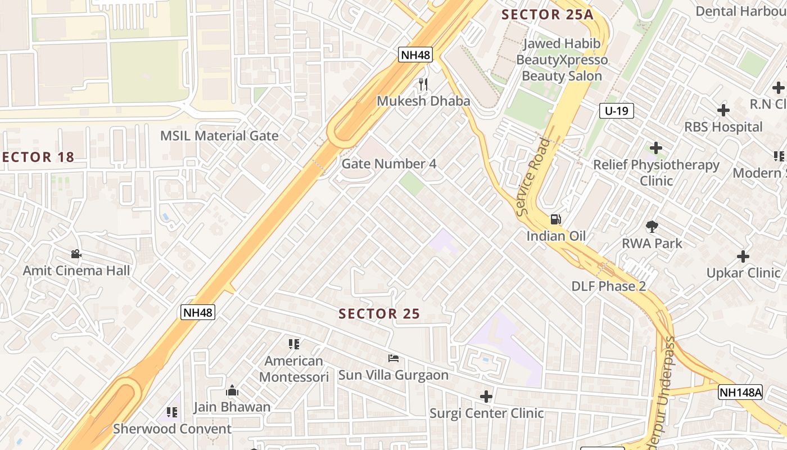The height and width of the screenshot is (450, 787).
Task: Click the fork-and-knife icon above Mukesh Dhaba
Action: [x=423, y=84]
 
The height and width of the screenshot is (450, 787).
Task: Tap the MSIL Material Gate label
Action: [x=219, y=136]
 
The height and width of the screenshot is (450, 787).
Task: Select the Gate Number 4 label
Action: [x=389, y=164]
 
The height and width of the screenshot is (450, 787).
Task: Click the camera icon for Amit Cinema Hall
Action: [x=76, y=254]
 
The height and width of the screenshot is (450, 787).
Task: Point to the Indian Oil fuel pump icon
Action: [x=555, y=219]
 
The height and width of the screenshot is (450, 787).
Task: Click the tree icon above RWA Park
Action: [x=652, y=227]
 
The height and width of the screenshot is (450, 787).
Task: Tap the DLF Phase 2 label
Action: [x=608, y=286]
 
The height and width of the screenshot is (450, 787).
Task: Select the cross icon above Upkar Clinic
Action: [x=743, y=256]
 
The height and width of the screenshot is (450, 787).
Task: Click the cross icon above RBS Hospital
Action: [x=723, y=110]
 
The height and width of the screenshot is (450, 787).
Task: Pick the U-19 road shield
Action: [x=617, y=111]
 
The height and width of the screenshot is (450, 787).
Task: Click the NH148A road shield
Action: [x=740, y=392]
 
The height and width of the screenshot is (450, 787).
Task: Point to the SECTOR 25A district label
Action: [x=547, y=15]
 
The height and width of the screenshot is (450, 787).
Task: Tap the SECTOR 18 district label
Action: [x=37, y=157]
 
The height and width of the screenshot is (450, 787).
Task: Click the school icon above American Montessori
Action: [x=294, y=344]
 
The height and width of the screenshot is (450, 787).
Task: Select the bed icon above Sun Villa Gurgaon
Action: [x=393, y=358]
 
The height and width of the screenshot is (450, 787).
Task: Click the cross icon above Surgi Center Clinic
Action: [x=486, y=397]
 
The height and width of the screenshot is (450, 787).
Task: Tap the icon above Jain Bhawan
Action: [x=232, y=390]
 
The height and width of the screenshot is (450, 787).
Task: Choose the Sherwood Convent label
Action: [x=172, y=429]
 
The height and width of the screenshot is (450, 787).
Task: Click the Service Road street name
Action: [x=533, y=177]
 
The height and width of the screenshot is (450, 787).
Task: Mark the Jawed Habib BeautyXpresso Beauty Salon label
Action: [x=562, y=60]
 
